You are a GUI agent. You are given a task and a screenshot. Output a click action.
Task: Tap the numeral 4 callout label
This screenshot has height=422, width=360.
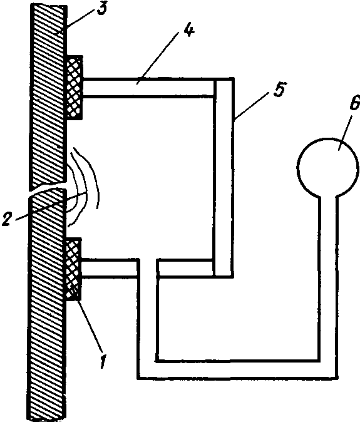click(x=189, y=30)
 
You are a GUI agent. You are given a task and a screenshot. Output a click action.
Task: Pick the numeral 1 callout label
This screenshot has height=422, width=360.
click(x=103, y=361)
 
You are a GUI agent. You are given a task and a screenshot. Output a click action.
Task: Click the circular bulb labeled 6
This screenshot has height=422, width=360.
click(x=327, y=167)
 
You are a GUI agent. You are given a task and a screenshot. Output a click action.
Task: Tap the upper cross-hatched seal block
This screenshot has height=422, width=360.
click(x=75, y=88)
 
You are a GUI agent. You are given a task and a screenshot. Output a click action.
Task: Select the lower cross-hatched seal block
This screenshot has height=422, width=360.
click(x=73, y=269)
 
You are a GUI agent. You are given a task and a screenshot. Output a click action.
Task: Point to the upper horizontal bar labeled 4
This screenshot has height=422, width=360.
click(x=148, y=87)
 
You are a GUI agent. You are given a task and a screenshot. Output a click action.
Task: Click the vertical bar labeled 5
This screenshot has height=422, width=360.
click(x=224, y=178)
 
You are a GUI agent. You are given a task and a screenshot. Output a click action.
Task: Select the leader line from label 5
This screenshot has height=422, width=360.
click(x=251, y=105)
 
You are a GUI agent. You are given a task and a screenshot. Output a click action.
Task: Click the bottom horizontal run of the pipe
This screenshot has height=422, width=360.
click(x=237, y=369)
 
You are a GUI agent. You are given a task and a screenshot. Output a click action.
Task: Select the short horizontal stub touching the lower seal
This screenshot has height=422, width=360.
click(x=110, y=268)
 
